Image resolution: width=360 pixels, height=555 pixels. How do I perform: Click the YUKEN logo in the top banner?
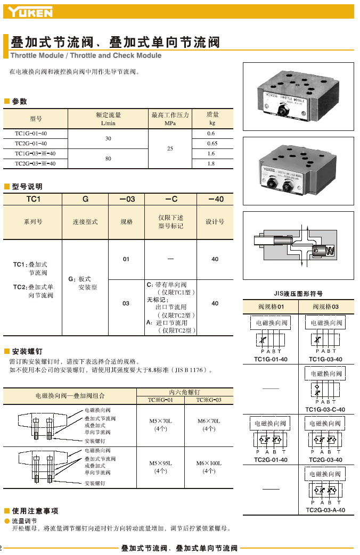pyautogui.click(x=30, y=12)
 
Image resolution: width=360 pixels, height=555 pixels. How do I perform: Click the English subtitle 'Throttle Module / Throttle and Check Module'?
pyautogui.click(x=86, y=55)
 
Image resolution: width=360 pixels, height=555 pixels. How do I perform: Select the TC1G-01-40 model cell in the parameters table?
pyautogui.click(x=31, y=134)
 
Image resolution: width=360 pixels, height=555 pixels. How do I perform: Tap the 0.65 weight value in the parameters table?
pyautogui.click(x=212, y=143)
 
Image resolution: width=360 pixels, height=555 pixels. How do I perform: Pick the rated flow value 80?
pyautogui.click(x=108, y=159)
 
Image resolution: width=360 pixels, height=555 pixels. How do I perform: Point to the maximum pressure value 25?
pyautogui.click(x=170, y=148)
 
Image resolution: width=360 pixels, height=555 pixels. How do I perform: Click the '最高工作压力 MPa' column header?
pyautogui.click(x=170, y=119)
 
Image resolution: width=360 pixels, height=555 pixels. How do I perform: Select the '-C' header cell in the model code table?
pyautogui.click(x=171, y=199)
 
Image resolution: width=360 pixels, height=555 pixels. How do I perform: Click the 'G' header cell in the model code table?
pyautogui.click(x=85, y=199)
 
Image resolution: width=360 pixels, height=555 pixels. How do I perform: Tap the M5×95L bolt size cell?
pyautogui.click(x=160, y=467)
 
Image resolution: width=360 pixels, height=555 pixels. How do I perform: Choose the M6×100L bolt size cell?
pyautogui.click(x=209, y=467)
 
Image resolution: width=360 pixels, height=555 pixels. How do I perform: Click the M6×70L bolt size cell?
pyautogui.click(x=209, y=425)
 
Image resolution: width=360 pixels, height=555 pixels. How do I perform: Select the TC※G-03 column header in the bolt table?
pyautogui.click(x=209, y=400)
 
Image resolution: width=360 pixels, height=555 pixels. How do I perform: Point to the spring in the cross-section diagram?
pyautogui.click(x=330, y=251)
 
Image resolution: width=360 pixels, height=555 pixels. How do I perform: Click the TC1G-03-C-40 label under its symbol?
pyautogui.click(x=325, y=410)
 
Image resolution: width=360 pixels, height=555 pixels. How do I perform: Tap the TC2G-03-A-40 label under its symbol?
pyautogui.click(x=325, y=510)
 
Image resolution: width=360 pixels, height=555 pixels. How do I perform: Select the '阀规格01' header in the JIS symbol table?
pyautogui.click(x=271, y=307)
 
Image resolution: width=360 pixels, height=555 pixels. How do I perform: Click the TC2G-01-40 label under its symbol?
pyautogui.click(x=271, y=460)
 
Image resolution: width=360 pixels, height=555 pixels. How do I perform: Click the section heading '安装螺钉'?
pyautogui.click(x=27, y=351)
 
